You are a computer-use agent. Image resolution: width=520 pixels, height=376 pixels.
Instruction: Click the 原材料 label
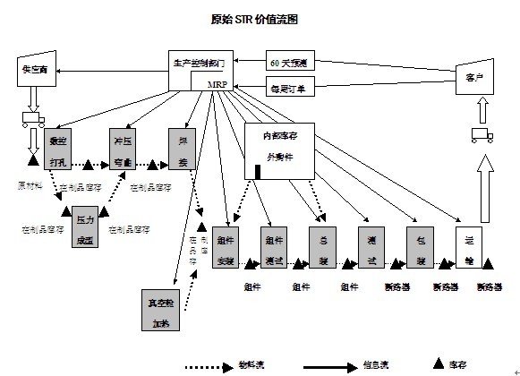pyautogui.click(x=30, y=186)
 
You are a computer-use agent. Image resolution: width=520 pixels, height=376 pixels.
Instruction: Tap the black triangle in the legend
pyautogui.click(x=439, y=363)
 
